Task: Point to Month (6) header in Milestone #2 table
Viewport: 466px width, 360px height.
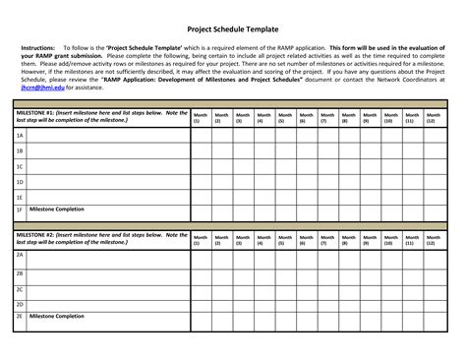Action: [306, 239]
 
